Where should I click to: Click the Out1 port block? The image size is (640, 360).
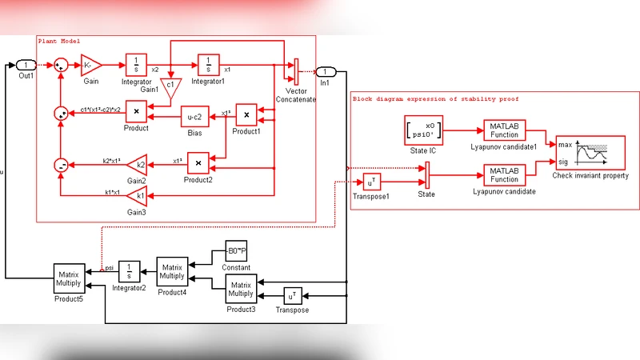click(26, 65)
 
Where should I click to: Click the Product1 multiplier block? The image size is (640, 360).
click(246, 116)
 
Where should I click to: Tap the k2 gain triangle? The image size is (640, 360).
click(138, 166)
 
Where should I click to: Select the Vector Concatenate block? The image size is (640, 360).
click(296, 70)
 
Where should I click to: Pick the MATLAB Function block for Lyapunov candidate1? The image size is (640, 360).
click(505, 130)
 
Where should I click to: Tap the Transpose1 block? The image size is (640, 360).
click(374, 182)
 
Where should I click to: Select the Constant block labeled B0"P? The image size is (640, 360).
click(237, 251)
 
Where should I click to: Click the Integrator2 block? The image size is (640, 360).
click(130, 270)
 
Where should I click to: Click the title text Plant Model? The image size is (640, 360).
click(59, 41)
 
